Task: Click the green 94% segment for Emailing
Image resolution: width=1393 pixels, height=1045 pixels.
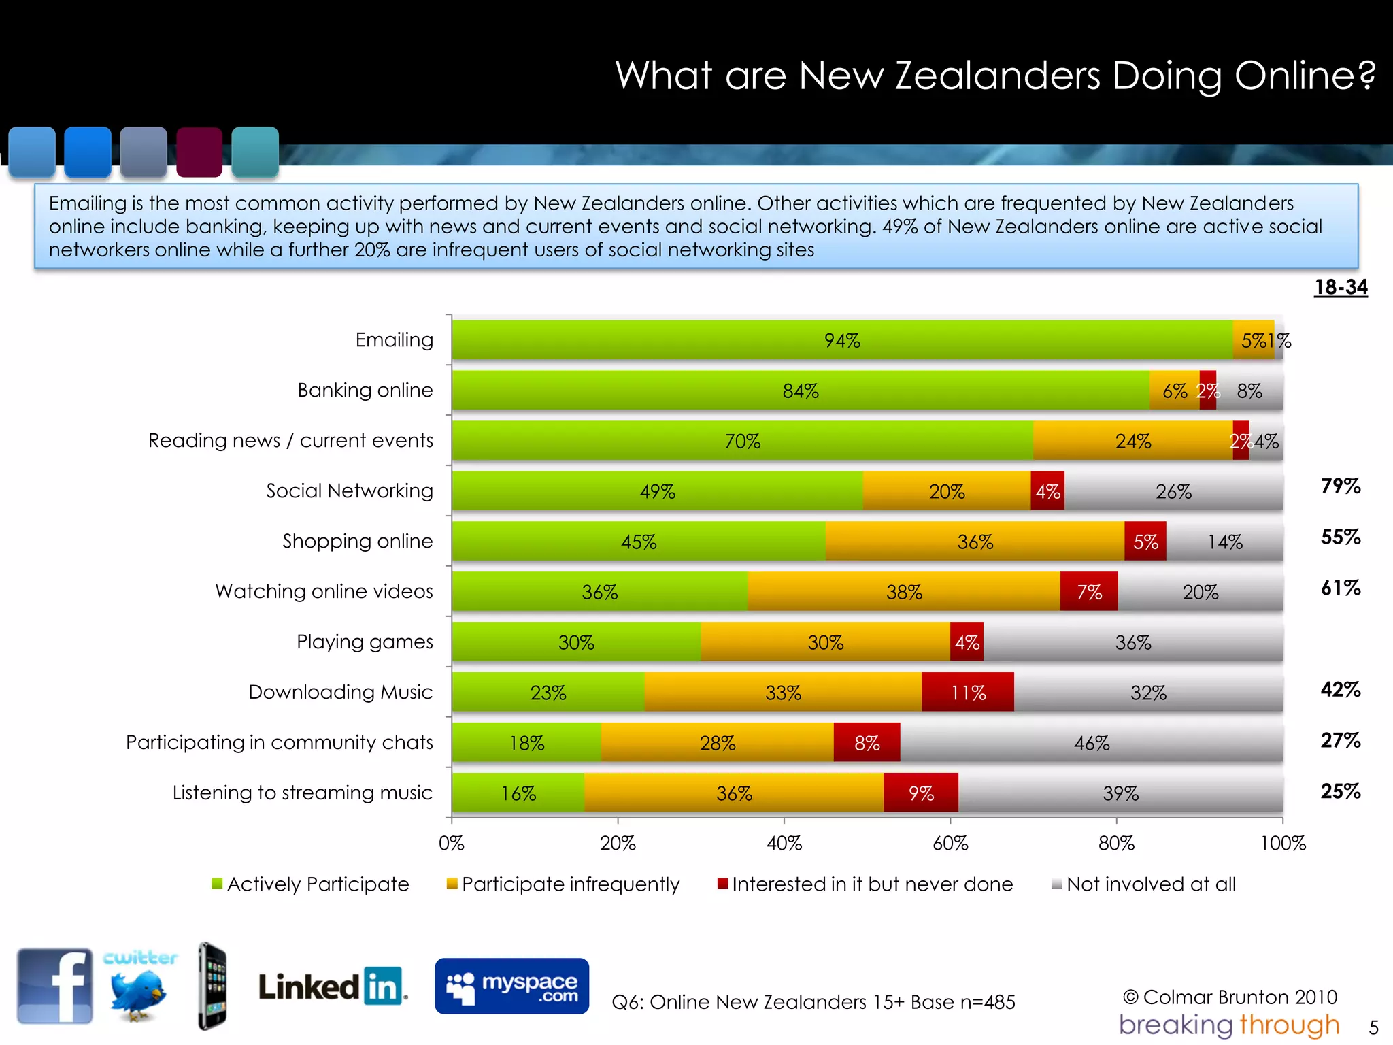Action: point(842,340)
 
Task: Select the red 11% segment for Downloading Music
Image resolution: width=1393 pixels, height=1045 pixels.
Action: point(967,693)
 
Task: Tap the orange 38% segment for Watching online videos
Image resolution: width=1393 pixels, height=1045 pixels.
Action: point(903,592)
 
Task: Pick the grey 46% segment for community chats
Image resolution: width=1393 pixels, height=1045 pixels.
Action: point(1091,743)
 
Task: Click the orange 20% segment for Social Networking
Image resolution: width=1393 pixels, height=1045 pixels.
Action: point(946,491)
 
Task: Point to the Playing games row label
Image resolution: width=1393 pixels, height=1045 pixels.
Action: point(365,642)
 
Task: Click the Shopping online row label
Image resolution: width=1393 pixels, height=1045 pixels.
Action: point(358,541)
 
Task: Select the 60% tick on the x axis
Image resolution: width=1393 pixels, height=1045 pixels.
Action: point(950,843)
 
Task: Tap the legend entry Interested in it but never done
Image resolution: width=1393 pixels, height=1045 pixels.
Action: point(865,884)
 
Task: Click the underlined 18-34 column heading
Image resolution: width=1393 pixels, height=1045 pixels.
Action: point(1340,287)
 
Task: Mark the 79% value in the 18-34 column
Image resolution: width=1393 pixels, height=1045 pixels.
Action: point(1340,486)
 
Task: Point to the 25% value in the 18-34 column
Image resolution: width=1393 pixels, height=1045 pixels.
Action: point(1340,791)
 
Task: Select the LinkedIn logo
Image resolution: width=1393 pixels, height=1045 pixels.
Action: point(332,986)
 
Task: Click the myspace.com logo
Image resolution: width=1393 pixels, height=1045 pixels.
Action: point(511,986)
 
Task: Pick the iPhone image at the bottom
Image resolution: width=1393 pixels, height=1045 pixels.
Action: point(212,986)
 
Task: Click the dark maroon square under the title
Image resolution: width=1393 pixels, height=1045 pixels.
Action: point(199,152)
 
